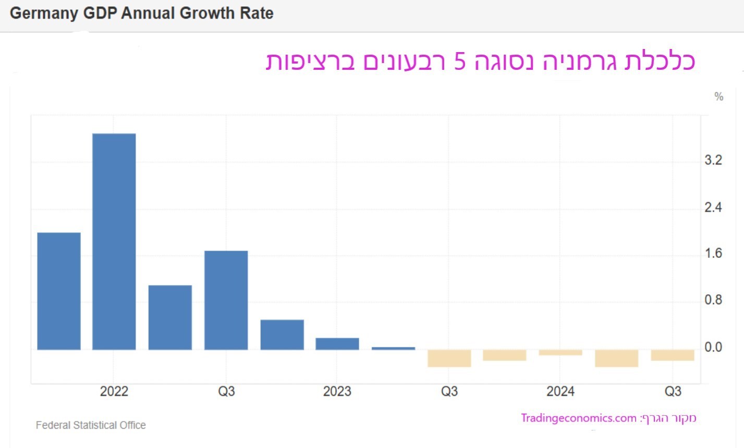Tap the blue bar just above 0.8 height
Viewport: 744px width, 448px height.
170,317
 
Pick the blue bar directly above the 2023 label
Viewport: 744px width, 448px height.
337,344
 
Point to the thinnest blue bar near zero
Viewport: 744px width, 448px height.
393,348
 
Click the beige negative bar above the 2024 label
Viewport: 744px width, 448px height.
560,353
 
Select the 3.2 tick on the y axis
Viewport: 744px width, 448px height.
713,160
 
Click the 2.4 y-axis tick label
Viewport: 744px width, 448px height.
713,207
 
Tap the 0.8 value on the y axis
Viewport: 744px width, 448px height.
713,300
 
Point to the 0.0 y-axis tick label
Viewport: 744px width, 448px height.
713,347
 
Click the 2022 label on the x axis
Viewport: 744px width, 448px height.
114,391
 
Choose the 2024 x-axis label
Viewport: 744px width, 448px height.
560,391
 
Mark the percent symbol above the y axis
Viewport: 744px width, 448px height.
719,96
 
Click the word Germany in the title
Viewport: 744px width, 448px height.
43,14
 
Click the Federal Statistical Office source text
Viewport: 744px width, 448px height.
91,425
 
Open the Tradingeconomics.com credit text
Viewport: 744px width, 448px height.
578,418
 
